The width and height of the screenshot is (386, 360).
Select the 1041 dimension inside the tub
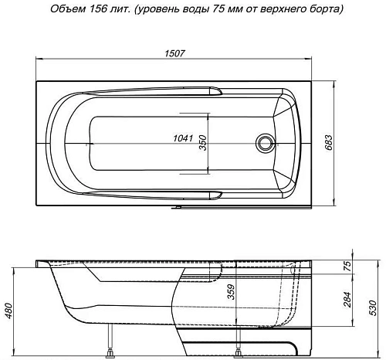183,139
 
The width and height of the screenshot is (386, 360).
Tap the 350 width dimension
203,143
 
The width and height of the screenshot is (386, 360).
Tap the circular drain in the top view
266,142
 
